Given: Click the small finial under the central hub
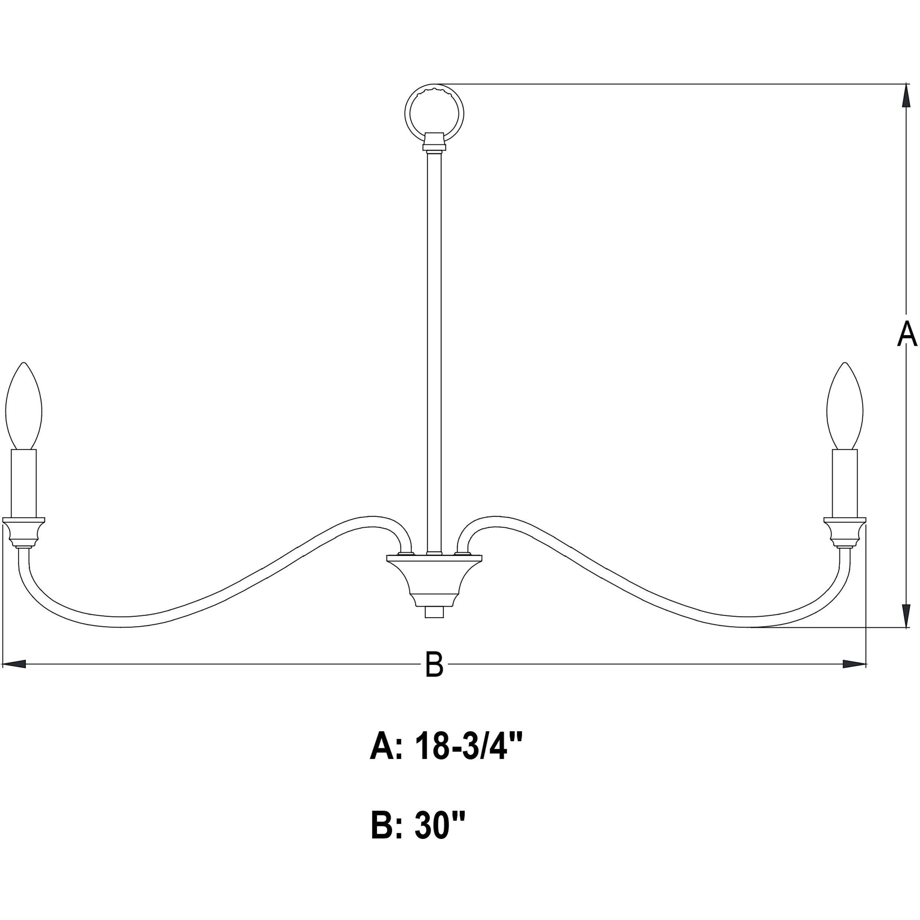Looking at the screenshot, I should point(434,611).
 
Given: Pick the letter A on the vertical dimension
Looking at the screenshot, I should point(906,334).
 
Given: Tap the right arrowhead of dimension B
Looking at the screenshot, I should point(854,664).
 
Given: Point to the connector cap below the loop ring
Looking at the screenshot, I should point(434,141).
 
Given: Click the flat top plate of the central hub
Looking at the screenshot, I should point(434,557).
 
